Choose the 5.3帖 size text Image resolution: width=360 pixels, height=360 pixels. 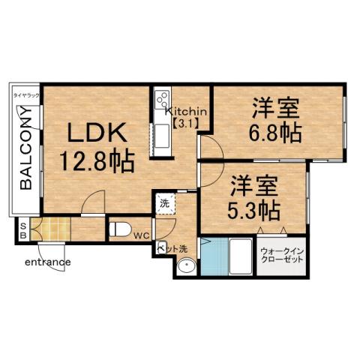254,206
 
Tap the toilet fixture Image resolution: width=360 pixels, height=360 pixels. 120,229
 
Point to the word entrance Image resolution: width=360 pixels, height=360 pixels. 47,262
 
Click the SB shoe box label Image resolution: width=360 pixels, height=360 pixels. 22,231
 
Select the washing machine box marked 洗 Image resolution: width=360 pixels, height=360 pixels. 164,202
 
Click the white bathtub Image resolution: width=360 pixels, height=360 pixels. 239,256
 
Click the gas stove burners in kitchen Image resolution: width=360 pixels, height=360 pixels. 160,100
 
